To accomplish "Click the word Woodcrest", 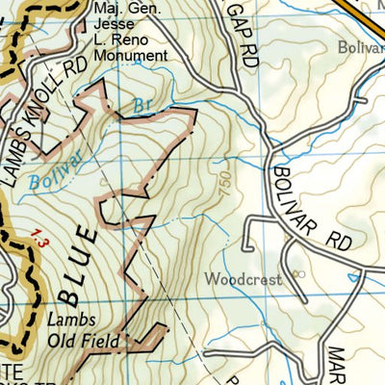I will coord(243,280).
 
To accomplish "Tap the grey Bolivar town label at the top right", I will coord(361,46).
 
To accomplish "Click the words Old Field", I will coord(86,341).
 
